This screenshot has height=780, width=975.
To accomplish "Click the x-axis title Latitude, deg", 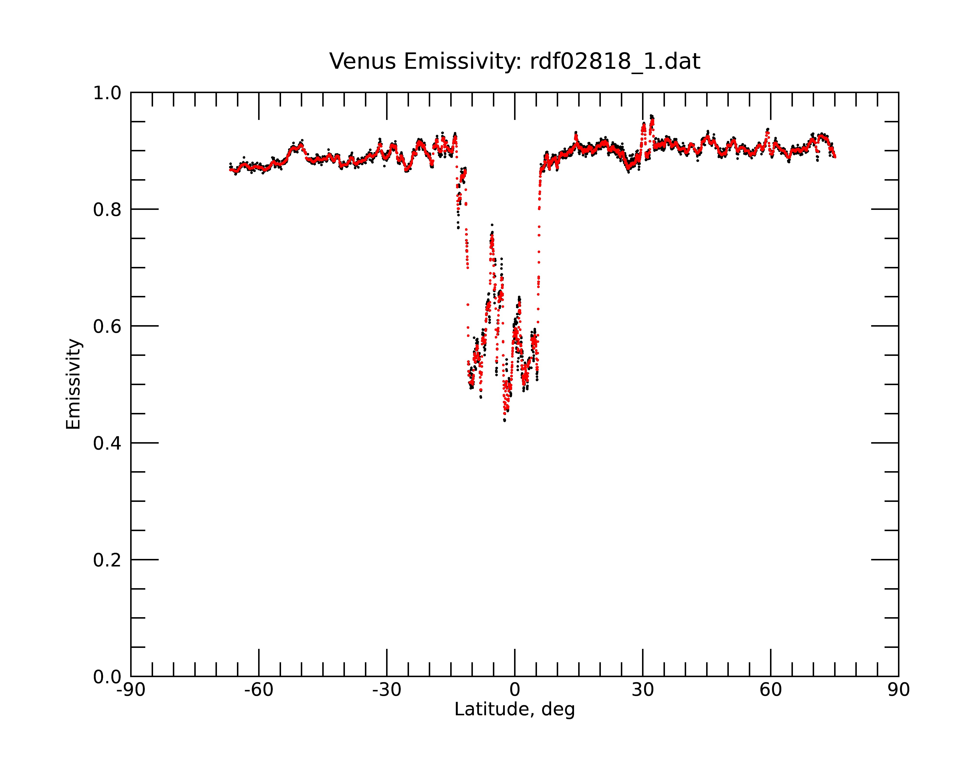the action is pyautogui.click(x=515, y=710).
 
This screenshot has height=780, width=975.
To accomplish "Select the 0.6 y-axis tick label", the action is pyautogui.click(x=107, y=326).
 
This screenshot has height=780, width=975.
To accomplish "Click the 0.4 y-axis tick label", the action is pyautogui.click(x=107, y=444).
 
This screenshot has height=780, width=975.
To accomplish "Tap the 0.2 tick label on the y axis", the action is pyautogui.click(x=107, y=560).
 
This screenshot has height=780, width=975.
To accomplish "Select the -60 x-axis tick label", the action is pyautogui.click(x=259, y=690).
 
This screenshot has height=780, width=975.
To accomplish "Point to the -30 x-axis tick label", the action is pyautogui.click(x=387, y=690).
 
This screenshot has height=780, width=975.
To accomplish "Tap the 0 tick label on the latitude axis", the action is pyautogui.click(x=515, y=690).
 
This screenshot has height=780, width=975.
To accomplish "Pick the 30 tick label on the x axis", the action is pyautogui.click(x=643, y=690).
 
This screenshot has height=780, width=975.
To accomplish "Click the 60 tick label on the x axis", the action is pyautogui.click(x=770, y=690).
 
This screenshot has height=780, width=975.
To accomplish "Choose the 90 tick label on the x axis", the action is pyautogui.click(x=898, y=690).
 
